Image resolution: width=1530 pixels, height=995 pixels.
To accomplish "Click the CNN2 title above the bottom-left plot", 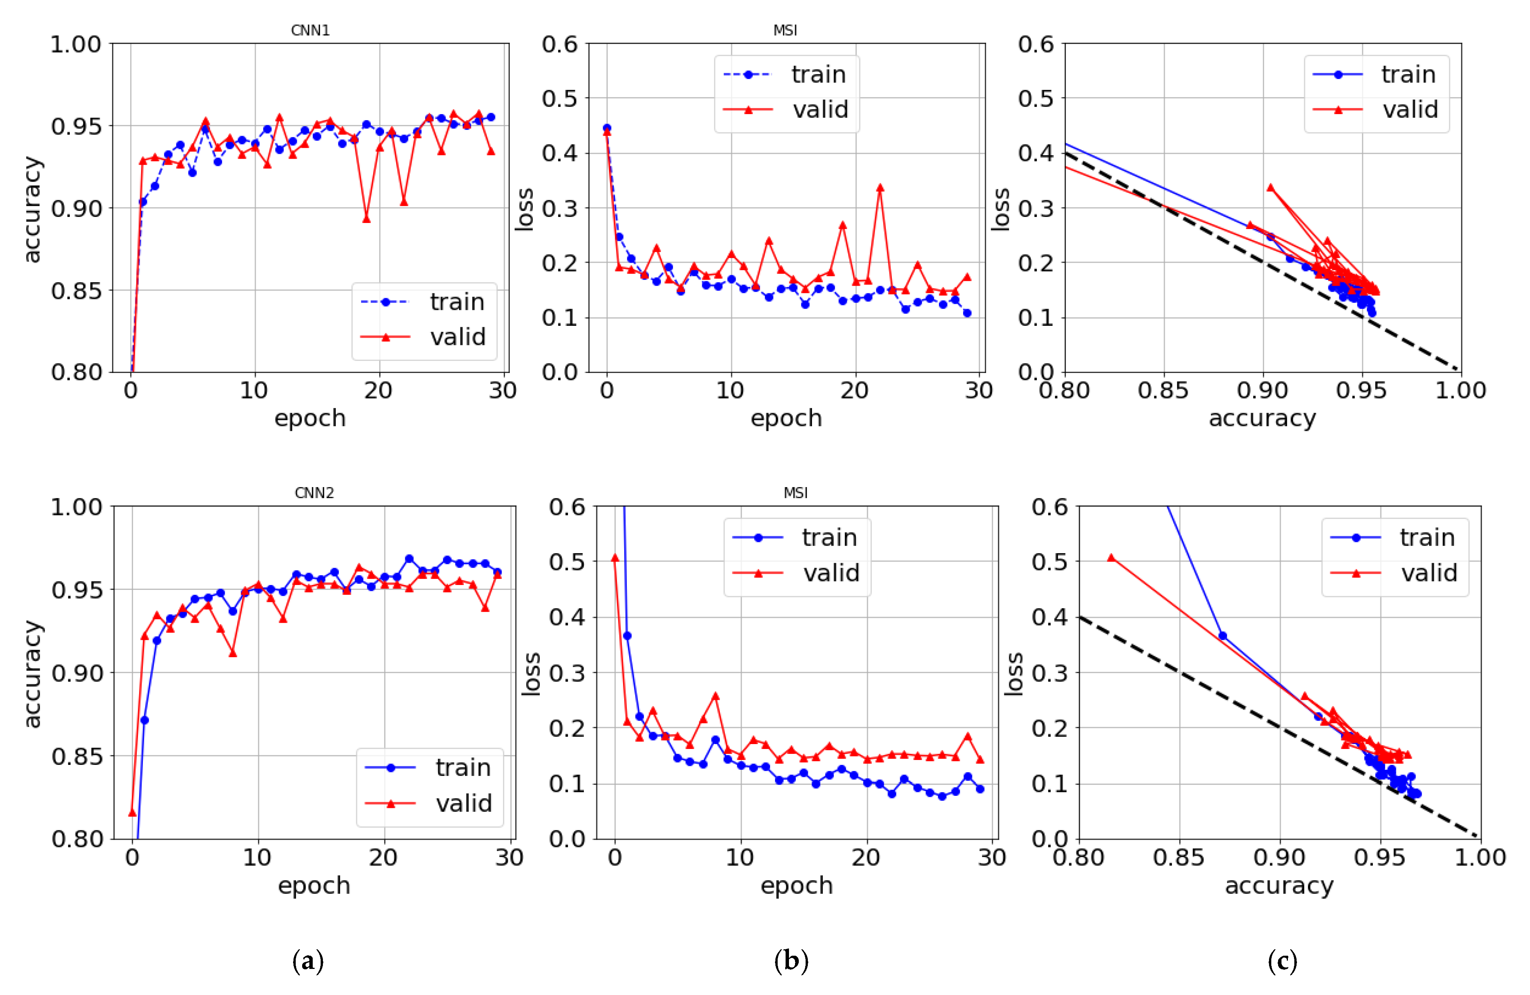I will coord(314,493).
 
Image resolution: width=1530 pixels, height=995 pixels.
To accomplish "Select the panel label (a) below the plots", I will coord(307,961).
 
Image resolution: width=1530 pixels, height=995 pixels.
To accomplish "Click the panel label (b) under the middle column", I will coord(791,961).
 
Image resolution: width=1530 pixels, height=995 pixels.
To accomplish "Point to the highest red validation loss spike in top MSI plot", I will coord(879,188).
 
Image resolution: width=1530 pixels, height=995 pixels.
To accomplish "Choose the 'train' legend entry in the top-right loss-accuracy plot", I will coord(1408,74).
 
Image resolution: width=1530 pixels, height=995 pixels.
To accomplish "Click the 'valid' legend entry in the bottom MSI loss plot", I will coord(831,573).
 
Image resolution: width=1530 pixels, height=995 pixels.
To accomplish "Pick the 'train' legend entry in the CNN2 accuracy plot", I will coord(462,767).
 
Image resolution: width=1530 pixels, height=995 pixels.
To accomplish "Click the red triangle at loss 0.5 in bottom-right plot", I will coord(1111,558).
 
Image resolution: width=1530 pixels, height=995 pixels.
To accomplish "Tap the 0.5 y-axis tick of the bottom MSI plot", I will coord(567,562).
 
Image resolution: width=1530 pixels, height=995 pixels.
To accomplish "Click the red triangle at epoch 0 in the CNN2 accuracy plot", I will coord(133,812).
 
